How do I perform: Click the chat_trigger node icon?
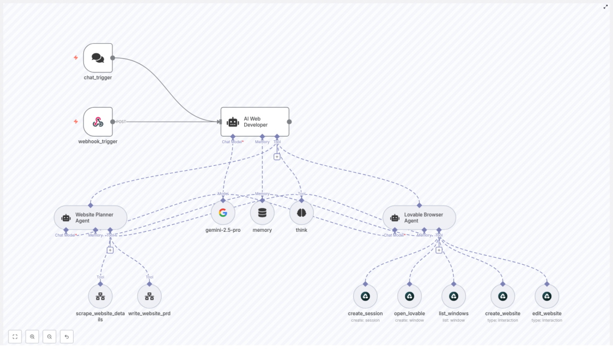(x=98, y=58)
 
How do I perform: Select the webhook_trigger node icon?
(x=98, y=122)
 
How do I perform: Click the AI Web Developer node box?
(x=254, y=122)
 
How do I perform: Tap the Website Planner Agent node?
(x=90, y=217)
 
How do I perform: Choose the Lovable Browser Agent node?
(x=419, y=217)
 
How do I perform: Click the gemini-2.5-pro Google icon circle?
(x=223, y=213)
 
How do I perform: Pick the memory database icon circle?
(x=262, y=213)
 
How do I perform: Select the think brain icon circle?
(x=301, y=213)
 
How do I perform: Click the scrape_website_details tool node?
(x=100, y=296)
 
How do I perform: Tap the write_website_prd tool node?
(x=149, y=296)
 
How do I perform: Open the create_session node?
(x=365, y=296)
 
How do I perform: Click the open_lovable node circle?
(x=409, y=296)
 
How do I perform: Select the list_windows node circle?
(x=454, y=296)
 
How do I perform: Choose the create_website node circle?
(x=502, y=296)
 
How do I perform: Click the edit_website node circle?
(x=547, y=296)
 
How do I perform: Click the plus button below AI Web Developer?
(x=277, y=156)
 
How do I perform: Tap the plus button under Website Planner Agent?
(x=110, y=250)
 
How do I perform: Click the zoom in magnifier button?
(x=32, y=337)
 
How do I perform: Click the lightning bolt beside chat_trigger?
(x=75, y=58)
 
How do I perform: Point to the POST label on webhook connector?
(x=121, y=122)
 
